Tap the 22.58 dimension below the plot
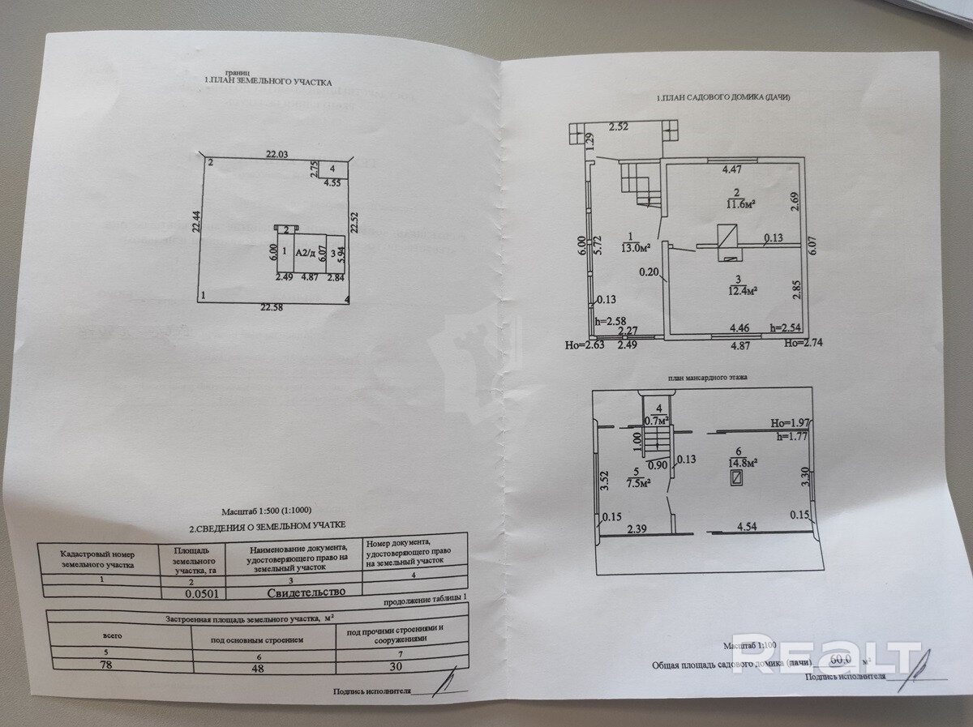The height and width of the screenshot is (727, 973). [273, 307]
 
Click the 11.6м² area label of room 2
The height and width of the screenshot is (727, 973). [739, 203]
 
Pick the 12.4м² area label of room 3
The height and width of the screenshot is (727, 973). [741, 289]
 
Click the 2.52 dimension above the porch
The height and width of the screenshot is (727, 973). [619, 126]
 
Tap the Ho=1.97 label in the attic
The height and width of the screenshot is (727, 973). [791, 422]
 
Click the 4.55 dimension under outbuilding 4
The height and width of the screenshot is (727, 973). [332, 183]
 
